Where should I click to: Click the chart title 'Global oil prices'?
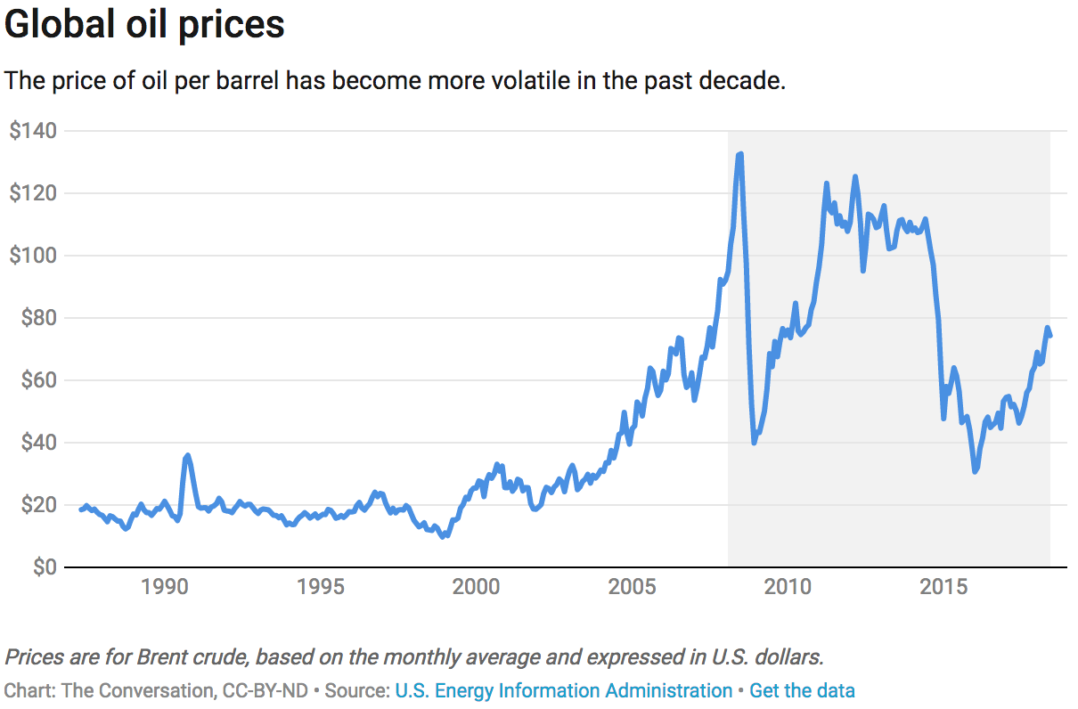pyautogui.click(x=144, y=25)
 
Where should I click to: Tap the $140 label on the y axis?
pyautogui.click(x=33, y=131)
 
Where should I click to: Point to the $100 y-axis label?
pyautogui.click(x=33, y=256)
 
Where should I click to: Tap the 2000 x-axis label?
pyautogui.click(x=476, y=588)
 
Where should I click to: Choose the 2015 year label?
pyautogui.click(x=943, y=588)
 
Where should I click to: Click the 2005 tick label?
pyautogui.click(x=632, y=588)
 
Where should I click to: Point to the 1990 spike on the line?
pyautogui.click(x=186, y=456)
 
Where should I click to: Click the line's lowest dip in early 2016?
pyautogui.click(x=976, y=471)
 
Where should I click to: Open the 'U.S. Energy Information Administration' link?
pyautogui.click(x=563, y=690)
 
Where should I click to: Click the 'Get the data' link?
pyautogui.click(x=802, y=690)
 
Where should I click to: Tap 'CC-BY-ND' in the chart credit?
pyautogui.click(x=273, y=690)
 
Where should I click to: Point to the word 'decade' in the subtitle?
pyautogui.click(x=747, y=80)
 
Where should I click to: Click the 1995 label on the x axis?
pyautogui.click(x=320, y=588)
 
